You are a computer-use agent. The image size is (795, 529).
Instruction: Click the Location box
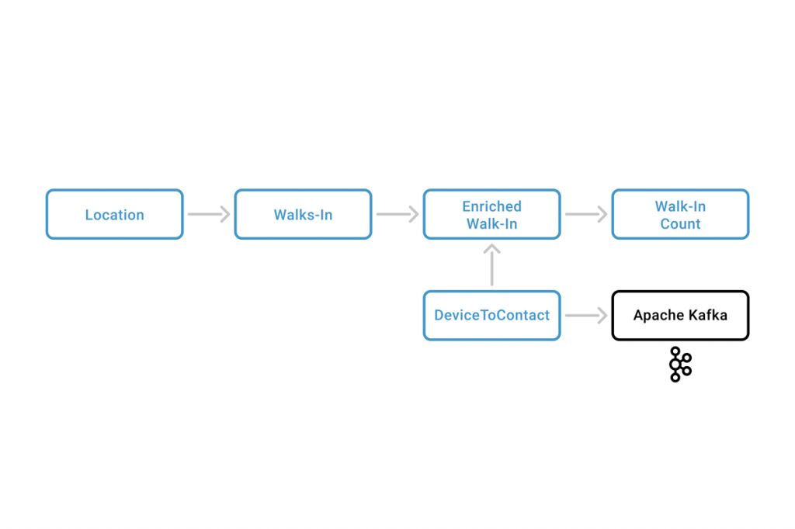pos(114,214)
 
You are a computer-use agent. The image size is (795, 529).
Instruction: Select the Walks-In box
pos(303,214)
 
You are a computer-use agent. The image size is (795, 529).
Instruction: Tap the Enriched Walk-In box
pos(491,214)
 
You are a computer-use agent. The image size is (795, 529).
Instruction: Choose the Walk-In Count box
pos(680,214)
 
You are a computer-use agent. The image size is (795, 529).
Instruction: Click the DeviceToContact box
pos(491,315)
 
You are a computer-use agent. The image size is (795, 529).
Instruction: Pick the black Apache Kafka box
pos(680,315)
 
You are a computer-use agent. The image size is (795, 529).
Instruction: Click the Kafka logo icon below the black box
pos(680,365)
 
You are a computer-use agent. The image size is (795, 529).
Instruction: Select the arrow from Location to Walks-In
pos(209,214)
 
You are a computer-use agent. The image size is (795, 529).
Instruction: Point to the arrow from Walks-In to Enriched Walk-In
pos(397,214)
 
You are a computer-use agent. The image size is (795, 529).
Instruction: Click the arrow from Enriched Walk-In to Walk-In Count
pos(586,214)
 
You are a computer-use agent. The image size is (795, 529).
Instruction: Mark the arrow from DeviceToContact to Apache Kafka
pos(586,315)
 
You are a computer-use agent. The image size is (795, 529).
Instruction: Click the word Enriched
pos(491,206)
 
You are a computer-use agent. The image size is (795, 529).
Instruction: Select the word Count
pos(680,224)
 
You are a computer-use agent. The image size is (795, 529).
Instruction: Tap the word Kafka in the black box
pos(708,315)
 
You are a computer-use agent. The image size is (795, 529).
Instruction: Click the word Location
pos(114,215)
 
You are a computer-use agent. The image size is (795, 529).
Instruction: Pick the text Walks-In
pos(303,215)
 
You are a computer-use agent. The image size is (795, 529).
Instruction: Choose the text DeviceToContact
pos(491,316)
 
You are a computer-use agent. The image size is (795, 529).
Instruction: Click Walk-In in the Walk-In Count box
pos(680,206)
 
